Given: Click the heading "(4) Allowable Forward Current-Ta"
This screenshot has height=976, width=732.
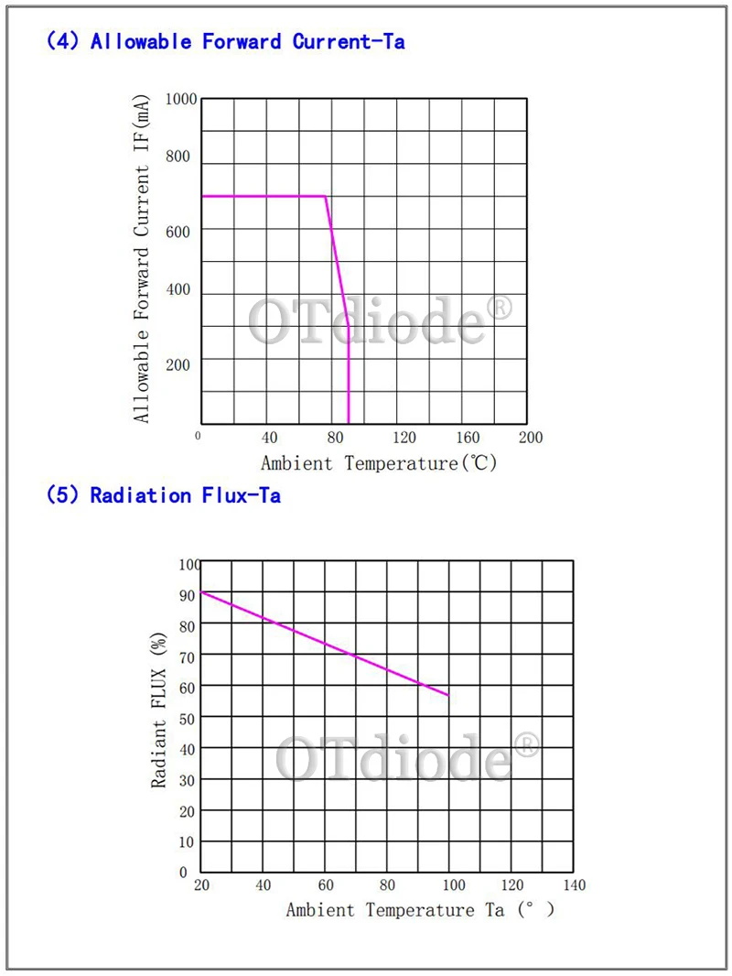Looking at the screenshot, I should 225,41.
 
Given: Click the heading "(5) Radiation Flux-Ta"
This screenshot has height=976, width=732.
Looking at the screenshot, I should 163,495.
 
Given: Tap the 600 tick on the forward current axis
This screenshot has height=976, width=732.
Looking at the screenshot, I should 178,232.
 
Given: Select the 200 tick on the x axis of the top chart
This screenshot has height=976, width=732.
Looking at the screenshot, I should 530,437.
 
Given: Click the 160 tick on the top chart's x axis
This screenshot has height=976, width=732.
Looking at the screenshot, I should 468,437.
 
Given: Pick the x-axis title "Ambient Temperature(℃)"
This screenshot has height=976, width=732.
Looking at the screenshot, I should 379,463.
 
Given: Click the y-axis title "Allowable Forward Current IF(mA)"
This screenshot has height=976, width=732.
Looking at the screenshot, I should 142,261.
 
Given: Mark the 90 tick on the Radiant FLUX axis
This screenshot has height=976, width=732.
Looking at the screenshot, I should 188,595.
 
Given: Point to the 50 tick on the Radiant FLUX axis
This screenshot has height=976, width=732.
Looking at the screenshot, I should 188,718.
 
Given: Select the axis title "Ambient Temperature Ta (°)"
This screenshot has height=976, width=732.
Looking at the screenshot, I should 420,910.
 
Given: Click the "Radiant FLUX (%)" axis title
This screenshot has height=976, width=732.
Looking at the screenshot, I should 160,713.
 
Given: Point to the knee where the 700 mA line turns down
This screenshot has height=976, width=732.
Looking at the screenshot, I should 327,196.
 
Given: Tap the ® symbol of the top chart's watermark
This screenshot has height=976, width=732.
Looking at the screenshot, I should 501,308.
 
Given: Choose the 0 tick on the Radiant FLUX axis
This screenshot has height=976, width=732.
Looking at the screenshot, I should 183,872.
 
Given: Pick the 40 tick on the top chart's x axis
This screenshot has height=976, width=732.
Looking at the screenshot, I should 269,437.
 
